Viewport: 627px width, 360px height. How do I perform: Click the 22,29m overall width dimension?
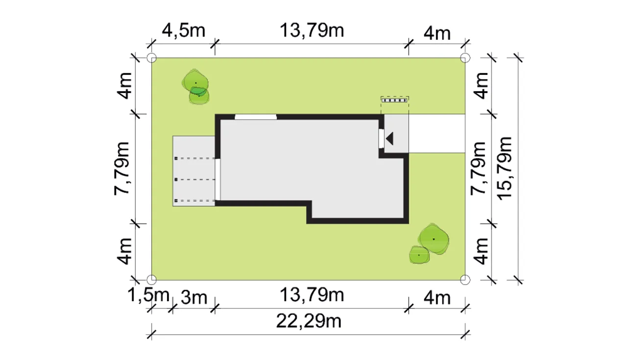coord(309,321)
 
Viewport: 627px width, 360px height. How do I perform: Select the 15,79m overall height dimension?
coord(505,168)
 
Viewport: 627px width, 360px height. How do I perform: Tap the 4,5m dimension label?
coord(184,30)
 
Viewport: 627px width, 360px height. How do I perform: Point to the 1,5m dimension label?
coord(148,295)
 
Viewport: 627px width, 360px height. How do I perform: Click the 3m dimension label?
coord(194,298)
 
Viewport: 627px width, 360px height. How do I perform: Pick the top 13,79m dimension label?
coord(312,30)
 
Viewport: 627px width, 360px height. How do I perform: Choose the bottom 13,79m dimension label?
coord(312,295)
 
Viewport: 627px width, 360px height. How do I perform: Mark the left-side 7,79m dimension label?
coord(122,168)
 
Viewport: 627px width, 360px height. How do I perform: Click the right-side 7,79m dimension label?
coord(479,168)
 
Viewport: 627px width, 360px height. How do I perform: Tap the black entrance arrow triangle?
coord(389,139)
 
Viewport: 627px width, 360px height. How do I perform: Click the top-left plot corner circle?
coord(151,58)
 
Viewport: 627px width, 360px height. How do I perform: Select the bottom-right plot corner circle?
coord(465,280)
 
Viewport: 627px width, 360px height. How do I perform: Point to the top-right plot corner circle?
coord(465,58)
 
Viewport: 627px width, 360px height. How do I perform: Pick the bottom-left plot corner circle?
coord(151,280)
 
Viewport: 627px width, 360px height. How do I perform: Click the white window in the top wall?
coord(256,117)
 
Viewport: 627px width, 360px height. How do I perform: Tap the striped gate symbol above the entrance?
coord(395,100)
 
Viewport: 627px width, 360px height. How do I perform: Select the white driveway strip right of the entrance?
coord(437,134)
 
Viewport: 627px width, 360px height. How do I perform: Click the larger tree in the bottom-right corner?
coord(434,239)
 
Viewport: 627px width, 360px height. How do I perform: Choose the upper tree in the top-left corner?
coord(195,81)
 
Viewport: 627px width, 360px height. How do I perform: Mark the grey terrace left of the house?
coord(193,171)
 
